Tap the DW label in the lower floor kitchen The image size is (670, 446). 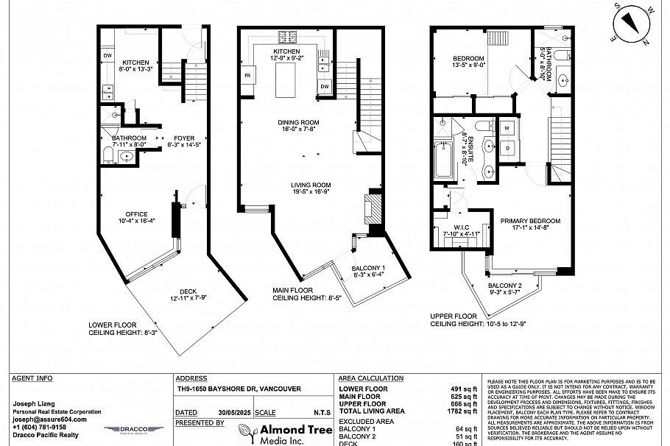pyautogui.click(x=107, y=54)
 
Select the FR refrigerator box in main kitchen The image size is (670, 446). pyautogui.click(x=246, y=76)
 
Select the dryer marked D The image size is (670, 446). pyautogui.click(x=507, y=148)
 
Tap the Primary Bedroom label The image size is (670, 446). pyautogui.click(x=530, y=220)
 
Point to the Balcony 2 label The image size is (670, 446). pyautogui.click(x=504, y=286)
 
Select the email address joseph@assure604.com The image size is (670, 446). pyautogui.click(x=49, y=419)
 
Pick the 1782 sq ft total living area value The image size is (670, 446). pyautogui.click(x=462, y=411)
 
